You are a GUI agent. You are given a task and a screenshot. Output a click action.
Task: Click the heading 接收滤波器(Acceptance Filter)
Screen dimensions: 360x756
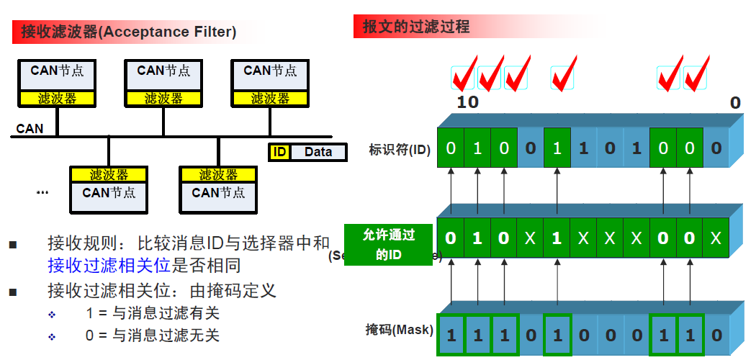(128, 32)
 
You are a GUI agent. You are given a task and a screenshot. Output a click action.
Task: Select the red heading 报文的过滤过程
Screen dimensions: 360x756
(416, 27)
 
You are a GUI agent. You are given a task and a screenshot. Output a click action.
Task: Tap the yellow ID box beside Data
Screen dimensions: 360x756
(279, 152)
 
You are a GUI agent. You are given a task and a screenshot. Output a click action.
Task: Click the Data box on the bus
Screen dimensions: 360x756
(318, 152)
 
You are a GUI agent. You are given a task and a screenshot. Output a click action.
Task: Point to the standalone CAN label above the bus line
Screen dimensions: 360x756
(30, 129)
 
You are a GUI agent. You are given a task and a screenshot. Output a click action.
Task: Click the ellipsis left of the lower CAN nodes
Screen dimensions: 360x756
(42, 192)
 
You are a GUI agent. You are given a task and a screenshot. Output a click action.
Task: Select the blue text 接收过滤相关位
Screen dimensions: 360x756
(109, 266)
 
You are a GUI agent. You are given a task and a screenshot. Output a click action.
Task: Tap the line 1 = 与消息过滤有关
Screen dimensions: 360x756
(151, 313)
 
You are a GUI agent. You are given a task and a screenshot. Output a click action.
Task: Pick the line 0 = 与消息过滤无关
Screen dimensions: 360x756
(151, 336)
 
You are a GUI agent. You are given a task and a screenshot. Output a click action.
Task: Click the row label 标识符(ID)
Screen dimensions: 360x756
(399, 150)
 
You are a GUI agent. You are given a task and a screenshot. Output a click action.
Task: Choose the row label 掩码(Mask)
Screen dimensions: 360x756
(400, 330)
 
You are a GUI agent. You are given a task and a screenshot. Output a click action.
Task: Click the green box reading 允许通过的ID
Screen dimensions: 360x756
(390, 245)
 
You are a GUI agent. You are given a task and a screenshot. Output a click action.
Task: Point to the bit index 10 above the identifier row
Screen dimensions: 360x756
(467, 102)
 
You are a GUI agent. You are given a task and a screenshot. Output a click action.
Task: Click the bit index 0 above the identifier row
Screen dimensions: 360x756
(734, 102)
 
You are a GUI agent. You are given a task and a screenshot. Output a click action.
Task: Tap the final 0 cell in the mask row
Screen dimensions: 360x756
(716, 335)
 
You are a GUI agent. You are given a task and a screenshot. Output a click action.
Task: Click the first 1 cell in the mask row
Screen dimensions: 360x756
(451, 335)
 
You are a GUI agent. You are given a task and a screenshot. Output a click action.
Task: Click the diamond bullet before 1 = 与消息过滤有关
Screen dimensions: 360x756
(51, 315)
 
